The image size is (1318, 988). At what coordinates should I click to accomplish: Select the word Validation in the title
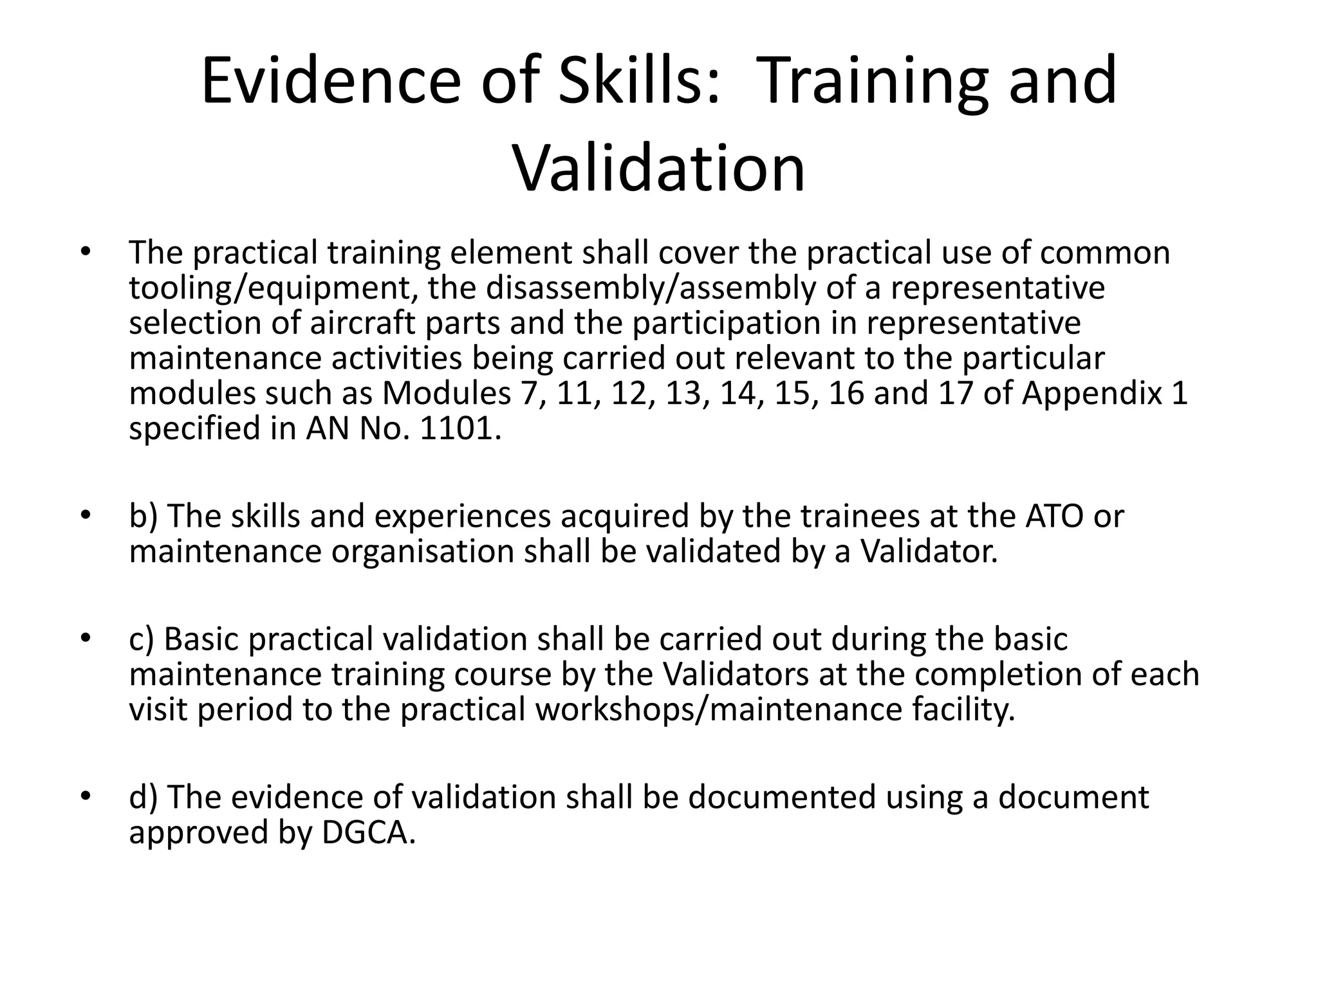(659, 169)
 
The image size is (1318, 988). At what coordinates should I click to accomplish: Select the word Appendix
(1093, 394)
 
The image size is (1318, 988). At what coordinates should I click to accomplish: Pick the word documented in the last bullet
(782, 798)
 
